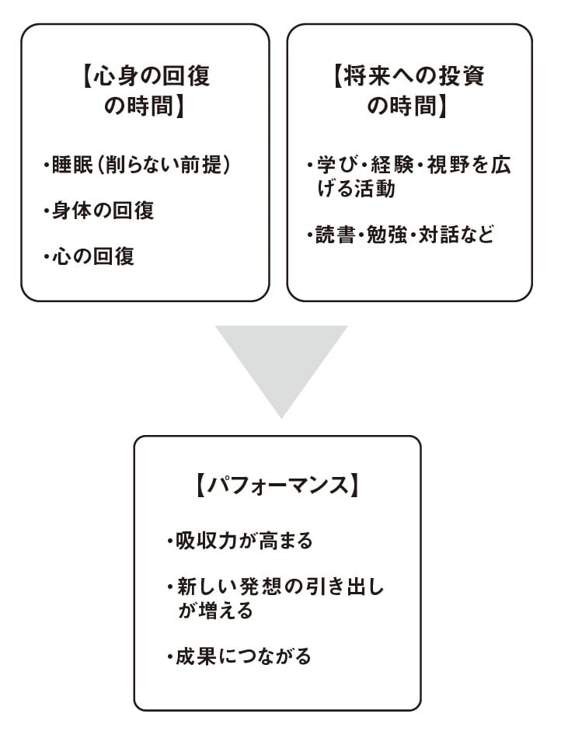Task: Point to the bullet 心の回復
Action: (x=89, y=256)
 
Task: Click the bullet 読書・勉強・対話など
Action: (x=400, y=234)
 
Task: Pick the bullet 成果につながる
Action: (x=239, y=656)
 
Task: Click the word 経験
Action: (x=395, y=165)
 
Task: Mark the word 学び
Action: (x=337, y=165)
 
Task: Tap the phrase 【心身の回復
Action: (x=145, y=78)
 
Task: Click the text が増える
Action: (x=215, y=611)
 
